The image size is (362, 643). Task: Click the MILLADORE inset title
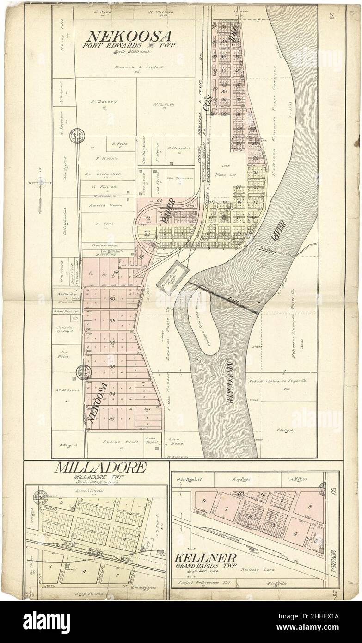point(101,467)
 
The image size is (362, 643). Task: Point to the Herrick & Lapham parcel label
point(130,67)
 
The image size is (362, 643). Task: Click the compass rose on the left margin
point(40,182)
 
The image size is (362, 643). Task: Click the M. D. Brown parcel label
point(67,390)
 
